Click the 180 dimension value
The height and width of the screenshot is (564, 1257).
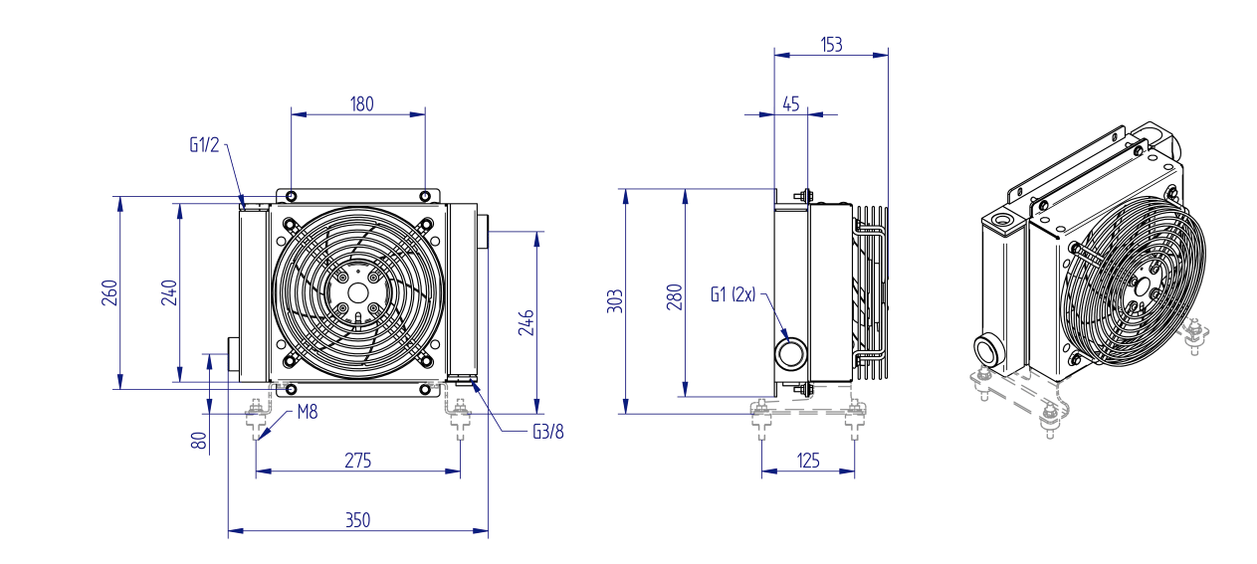361,103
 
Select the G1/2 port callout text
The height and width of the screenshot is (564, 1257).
204,144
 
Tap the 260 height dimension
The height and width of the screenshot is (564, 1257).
109,292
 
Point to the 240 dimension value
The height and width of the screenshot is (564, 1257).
169,292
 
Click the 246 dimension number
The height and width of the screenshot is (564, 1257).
525,322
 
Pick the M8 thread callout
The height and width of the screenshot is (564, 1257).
307,412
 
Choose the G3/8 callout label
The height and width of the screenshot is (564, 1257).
547,432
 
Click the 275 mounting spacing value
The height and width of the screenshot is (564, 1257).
357,461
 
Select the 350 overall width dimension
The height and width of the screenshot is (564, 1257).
357,520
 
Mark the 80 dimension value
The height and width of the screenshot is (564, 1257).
199,440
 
